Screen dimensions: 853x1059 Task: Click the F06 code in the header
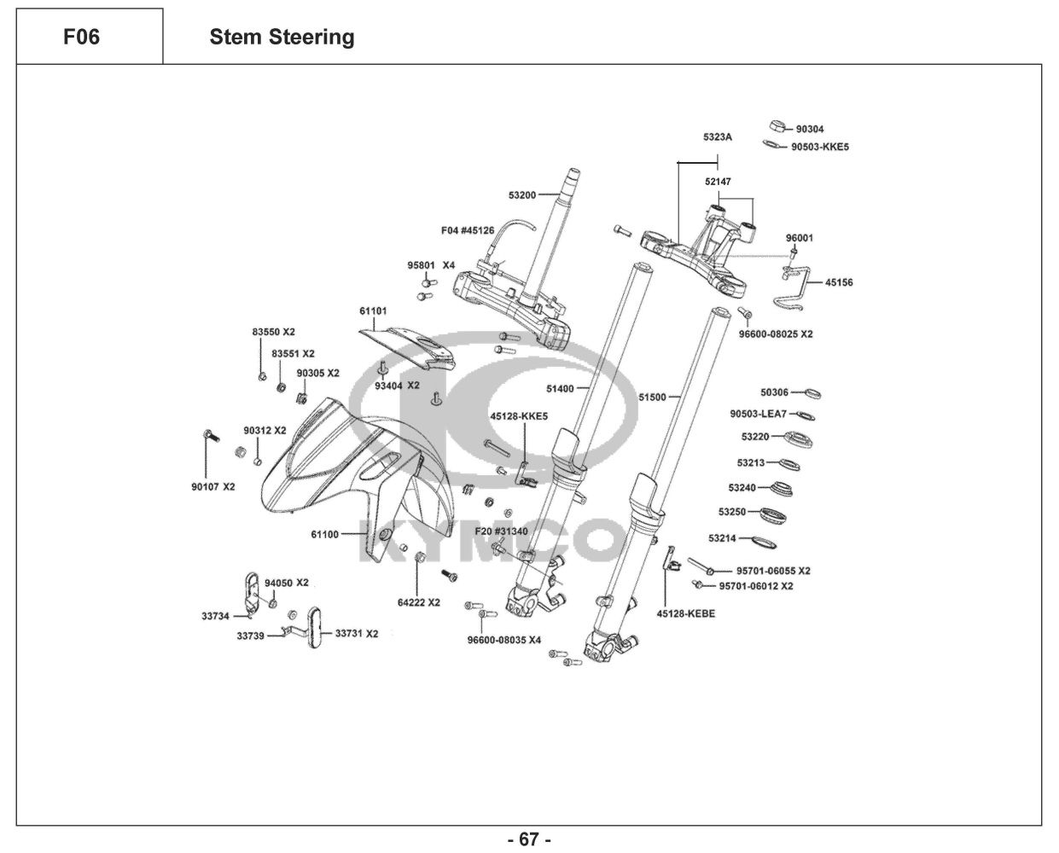[82, 38]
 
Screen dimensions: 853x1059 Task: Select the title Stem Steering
[282, 38]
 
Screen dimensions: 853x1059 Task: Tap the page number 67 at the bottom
[529, 840]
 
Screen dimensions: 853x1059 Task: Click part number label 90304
[810, 130]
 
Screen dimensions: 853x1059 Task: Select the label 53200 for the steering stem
[521, 195]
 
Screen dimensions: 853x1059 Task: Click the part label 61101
[373, 312]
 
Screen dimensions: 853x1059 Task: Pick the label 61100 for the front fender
[324, 535]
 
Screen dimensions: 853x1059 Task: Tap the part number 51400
[560, 389]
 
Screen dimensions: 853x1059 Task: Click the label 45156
[839, 282]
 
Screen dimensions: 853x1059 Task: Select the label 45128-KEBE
[686, 614]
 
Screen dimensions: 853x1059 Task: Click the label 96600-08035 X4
[504, 640]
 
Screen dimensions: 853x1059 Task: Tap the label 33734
[216, 615]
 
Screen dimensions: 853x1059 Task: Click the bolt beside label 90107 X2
[209, 436]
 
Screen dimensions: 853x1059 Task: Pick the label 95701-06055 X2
[773, 571]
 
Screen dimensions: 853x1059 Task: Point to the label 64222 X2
[419, 602]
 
